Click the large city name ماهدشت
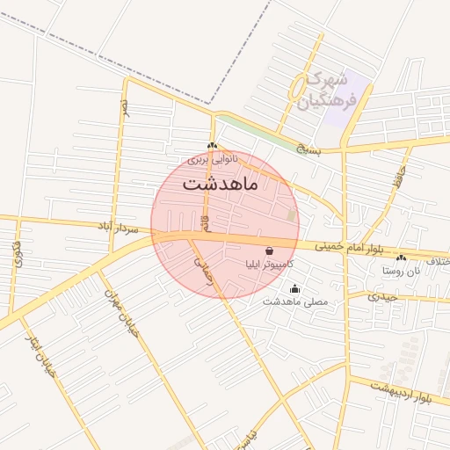[x=219, y=185]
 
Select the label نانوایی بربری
[x=210, y=160]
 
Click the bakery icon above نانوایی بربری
[x=211, y=146]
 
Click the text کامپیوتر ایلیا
[x=269, y=264]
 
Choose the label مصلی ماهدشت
[x=295, y=301]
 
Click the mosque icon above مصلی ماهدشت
[x=294, y=288]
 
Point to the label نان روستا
[x=401, y=271]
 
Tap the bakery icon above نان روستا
[x=401, y=258]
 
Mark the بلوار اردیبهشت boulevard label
[x=401, y=392]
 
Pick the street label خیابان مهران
[x=122, y=313]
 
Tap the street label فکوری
[x=18, y=255]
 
